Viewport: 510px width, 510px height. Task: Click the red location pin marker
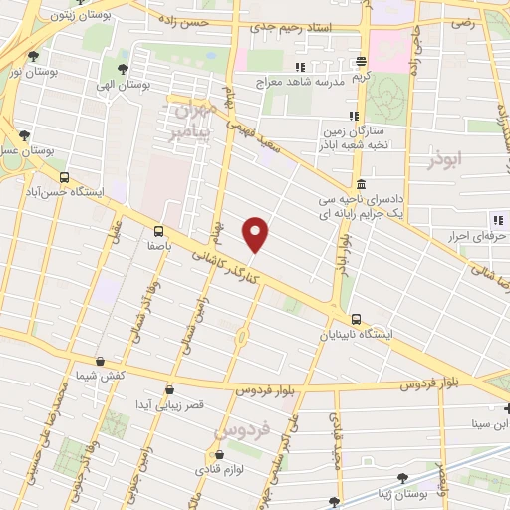[257, 233]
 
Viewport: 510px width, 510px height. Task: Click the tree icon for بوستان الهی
[122, 68]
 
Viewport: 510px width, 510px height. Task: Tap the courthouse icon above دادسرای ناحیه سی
[359, 185]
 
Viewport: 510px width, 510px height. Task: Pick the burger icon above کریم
[365, 61]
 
